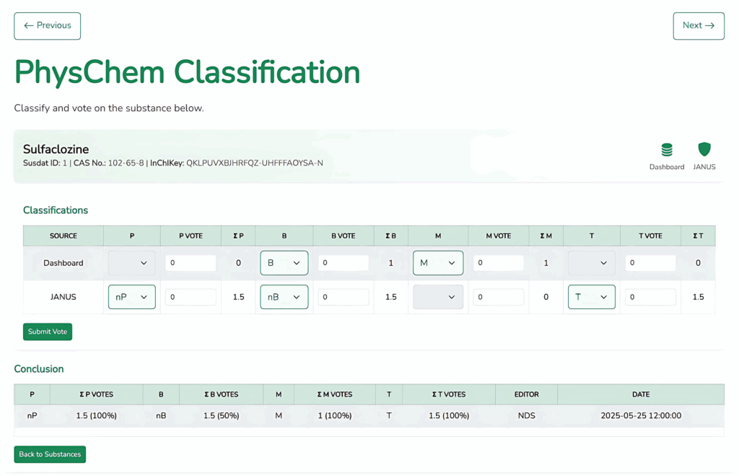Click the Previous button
click(47, 26)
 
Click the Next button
click(699, 26)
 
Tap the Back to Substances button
click(50, 454)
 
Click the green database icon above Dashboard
click(666, 150)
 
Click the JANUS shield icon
click(704, 149)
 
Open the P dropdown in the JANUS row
click(132, 297)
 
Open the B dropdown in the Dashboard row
click(284, 263)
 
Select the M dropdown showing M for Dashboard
click(438, 263)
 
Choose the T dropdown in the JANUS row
click(592, 297)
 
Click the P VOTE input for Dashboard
click(191, 263)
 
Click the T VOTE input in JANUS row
click(650, 297)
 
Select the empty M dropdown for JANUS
click(438, 297)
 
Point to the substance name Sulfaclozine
click(56, 150)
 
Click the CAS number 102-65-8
click(126, 163)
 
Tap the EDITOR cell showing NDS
click(526, 415)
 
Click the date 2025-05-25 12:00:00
click(641, 415)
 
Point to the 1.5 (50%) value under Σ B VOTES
click(221, 415)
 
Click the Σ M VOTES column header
click(335, 394)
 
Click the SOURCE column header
click(64, 236)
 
